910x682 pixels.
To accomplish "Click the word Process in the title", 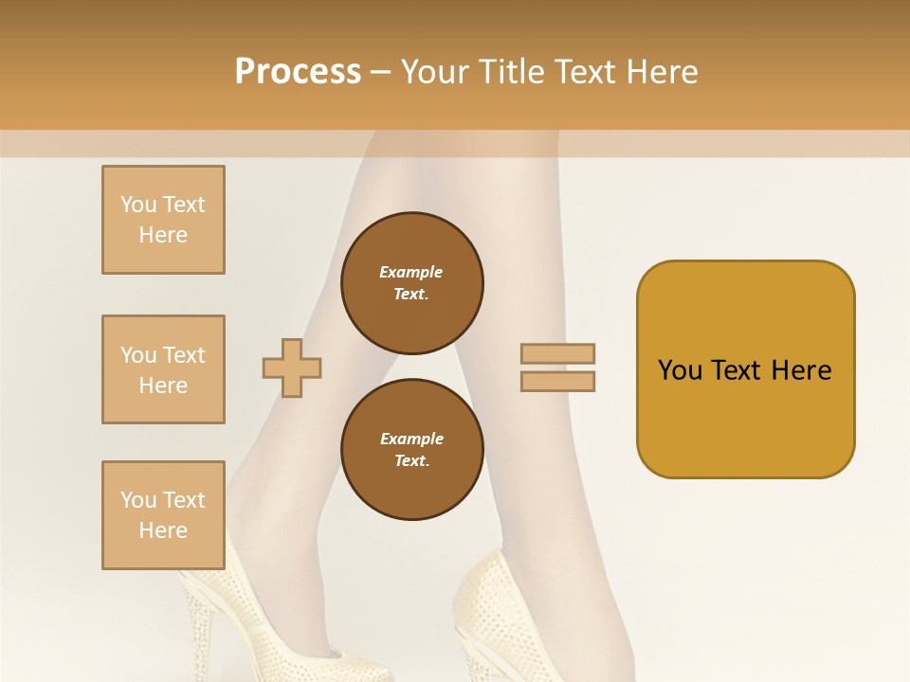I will pyautogui.click(x=298, y=71).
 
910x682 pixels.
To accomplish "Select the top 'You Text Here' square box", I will pyautogui.click(x=163, y=220).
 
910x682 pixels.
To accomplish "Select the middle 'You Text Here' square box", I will pyautogui.click(x=163, y=369).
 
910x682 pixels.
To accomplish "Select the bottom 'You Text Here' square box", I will pyautogui.click(x=163, y=515).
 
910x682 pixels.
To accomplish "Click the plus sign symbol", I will pyautogui.click(x=292, y=367).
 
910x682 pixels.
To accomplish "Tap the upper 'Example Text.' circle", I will pyautogui.click(x=411, y=283).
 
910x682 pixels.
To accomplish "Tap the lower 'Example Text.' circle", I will pyautogui.click(x=411, y=450).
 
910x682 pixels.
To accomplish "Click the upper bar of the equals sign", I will pyautogui.click(x=557, y=353).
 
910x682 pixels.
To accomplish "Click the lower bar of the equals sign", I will pyautogui.click(x=557, y=381).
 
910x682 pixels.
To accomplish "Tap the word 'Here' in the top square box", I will pyautogui.click(x=163, y=235).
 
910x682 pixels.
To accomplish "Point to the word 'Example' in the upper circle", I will pyautogui.click(x=411, y=272).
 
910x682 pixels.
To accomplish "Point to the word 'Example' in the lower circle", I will pyautogui.click(x=411, y=439).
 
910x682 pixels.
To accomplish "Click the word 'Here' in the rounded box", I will pyautogui.click(x=801, y=369).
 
